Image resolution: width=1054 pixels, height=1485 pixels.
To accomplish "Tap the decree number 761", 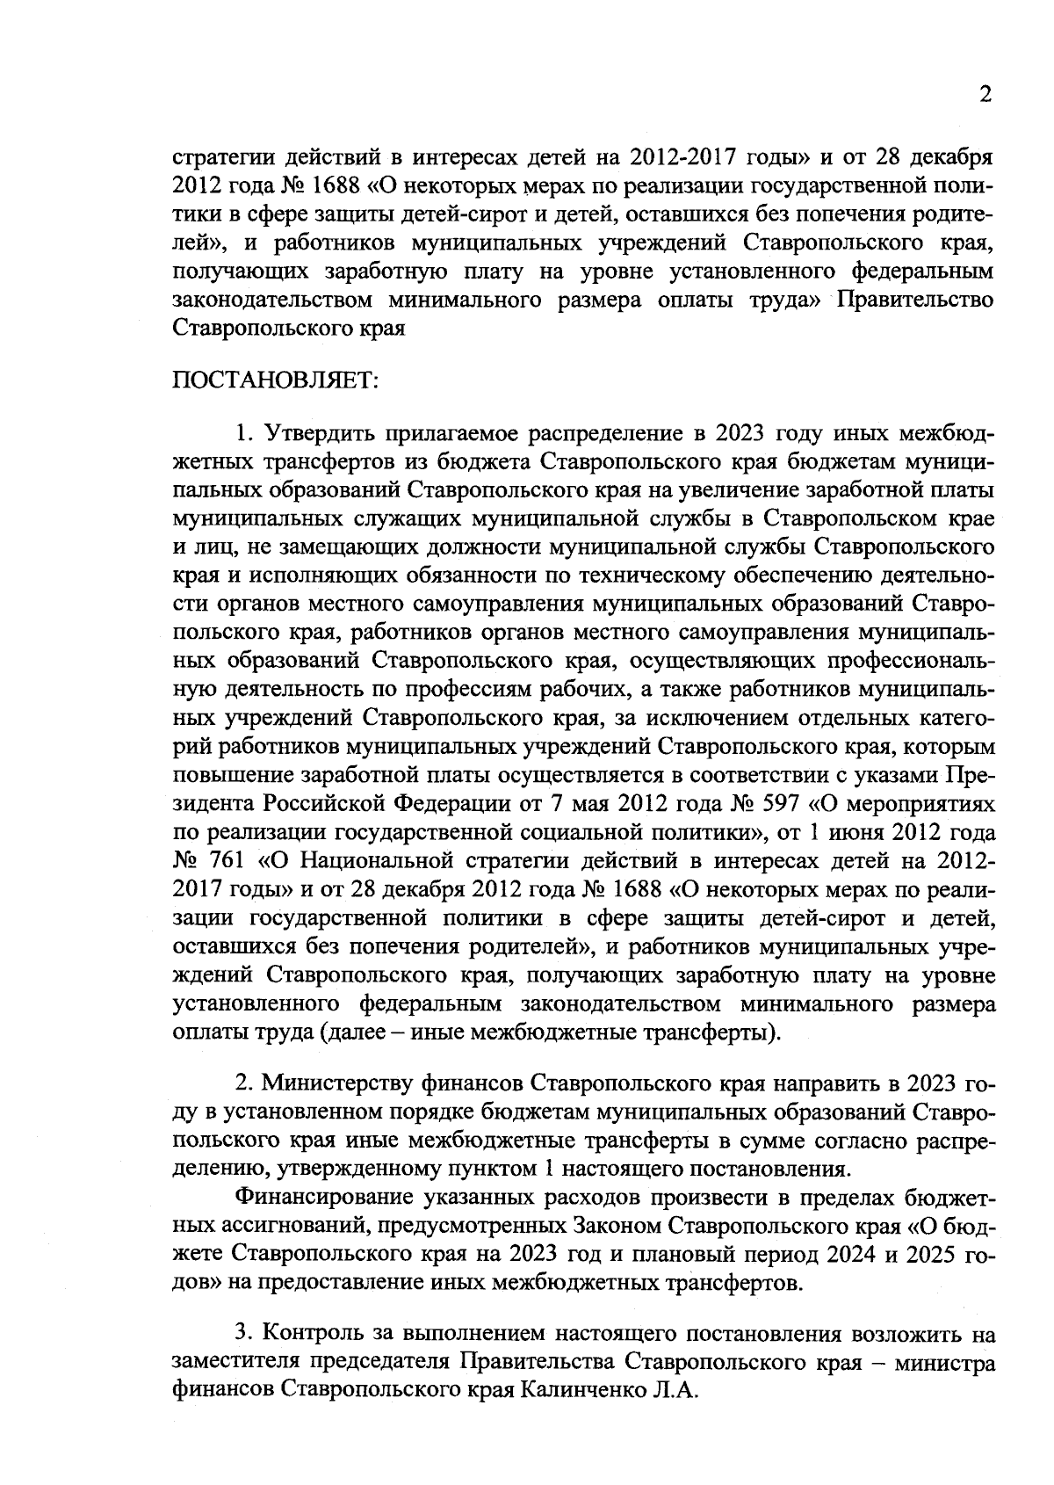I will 232,861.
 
